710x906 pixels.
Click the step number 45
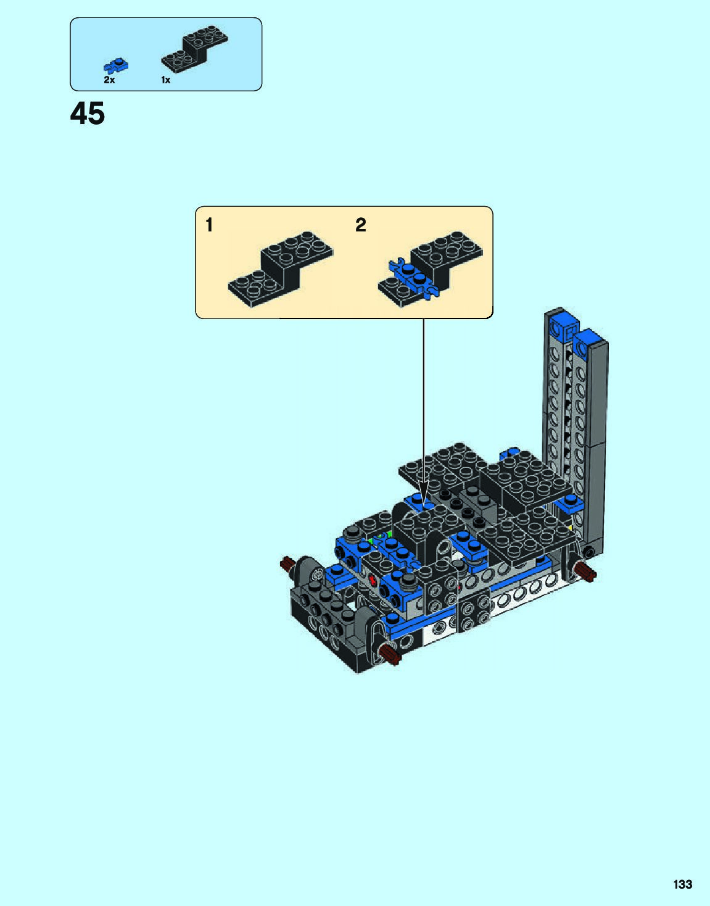pyautogui.click(x=88, y=114)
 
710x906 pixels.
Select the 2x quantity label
pyautogui.click(x=109, y=80)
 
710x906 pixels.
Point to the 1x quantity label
pyautogui.click(x=166, y=80)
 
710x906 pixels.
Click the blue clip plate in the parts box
pyautogui.click(x=116, y=65)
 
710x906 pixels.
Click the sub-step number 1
pyautogui.click(x=209, y=225)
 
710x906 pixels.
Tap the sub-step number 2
pyautogui.click(x=360, y=225)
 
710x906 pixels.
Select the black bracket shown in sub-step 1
pyautogui.click(x=281, y=269)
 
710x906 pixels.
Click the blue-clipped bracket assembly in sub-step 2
pyautogui.click(x=431, y=269)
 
